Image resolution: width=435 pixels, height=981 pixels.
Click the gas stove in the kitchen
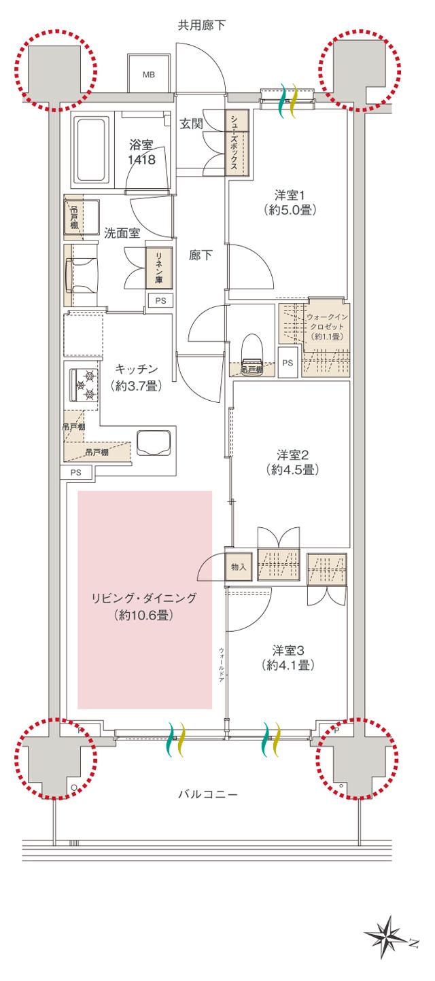pos(86,385)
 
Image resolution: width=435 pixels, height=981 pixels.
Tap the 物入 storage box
pos(238,567)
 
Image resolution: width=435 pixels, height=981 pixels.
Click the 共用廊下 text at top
pos(201,26)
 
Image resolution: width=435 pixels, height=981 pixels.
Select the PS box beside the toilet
pos(288,363)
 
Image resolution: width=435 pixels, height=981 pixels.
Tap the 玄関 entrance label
pos(192,124)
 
